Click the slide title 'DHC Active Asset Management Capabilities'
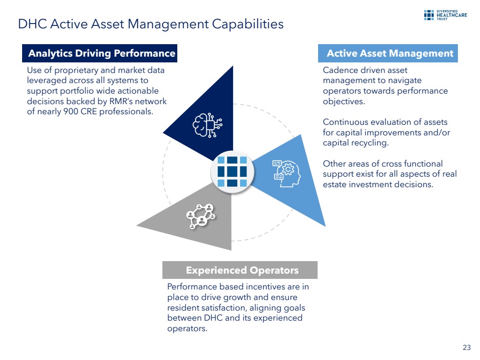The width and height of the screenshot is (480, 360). pos(151,24)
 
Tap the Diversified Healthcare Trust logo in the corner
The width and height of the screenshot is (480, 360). pos(445,15)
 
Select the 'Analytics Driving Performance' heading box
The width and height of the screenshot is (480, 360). pos(100,53)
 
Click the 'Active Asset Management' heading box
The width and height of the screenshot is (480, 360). pos(388,53)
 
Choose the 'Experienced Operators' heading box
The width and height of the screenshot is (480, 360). pos(240,270)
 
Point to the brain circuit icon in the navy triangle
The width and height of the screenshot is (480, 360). pos(208,125)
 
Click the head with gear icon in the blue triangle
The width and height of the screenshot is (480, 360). pos(286,173)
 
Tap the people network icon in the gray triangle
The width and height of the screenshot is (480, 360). pos(201,216)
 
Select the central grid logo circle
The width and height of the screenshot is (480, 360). pos(232,171)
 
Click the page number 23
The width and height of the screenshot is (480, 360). pos(467,348)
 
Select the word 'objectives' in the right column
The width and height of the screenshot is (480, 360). pos(344,102)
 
